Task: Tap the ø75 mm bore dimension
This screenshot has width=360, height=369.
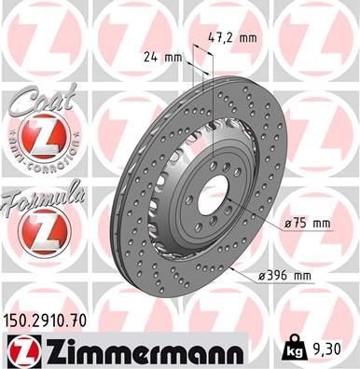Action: click(x=307, y=223)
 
